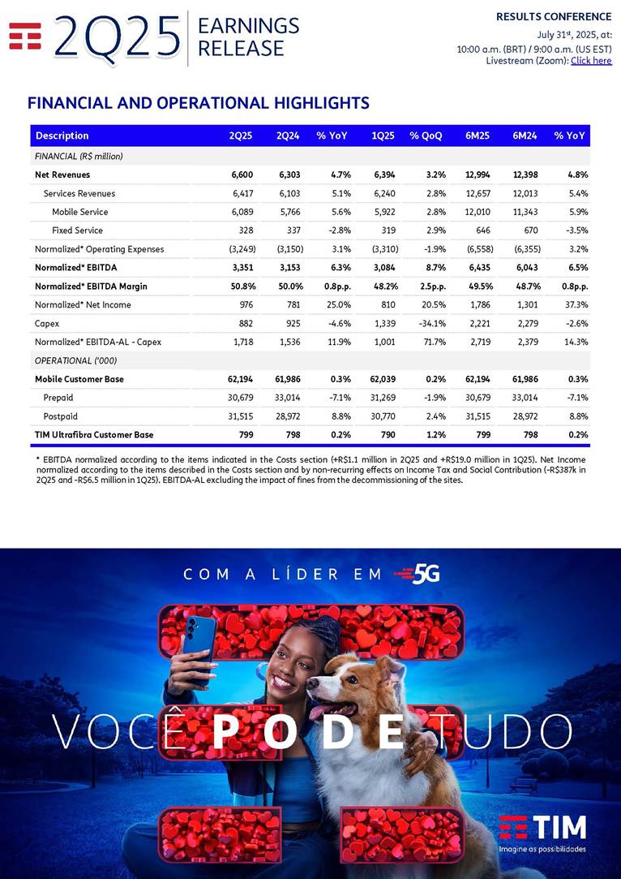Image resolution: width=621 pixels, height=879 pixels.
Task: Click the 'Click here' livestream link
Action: (x=591, y=61)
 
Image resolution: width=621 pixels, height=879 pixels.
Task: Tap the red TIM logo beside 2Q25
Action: (x=25, y=37)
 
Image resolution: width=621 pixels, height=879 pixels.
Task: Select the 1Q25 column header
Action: (x=383, y=136)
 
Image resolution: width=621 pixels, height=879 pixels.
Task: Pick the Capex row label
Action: (x=47, y=323)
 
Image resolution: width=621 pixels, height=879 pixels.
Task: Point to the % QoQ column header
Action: (x=426, y=136)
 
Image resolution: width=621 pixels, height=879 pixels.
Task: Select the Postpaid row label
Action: (x=61, y=416)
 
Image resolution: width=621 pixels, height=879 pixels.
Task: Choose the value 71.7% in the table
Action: (x=430, y=342)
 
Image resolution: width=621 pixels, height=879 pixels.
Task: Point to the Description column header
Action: (x=62, y=136)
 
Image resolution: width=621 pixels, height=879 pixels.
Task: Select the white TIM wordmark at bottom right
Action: (x=559, y=827)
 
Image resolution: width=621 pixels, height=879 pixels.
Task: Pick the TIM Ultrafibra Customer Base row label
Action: (x=94, y=435)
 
